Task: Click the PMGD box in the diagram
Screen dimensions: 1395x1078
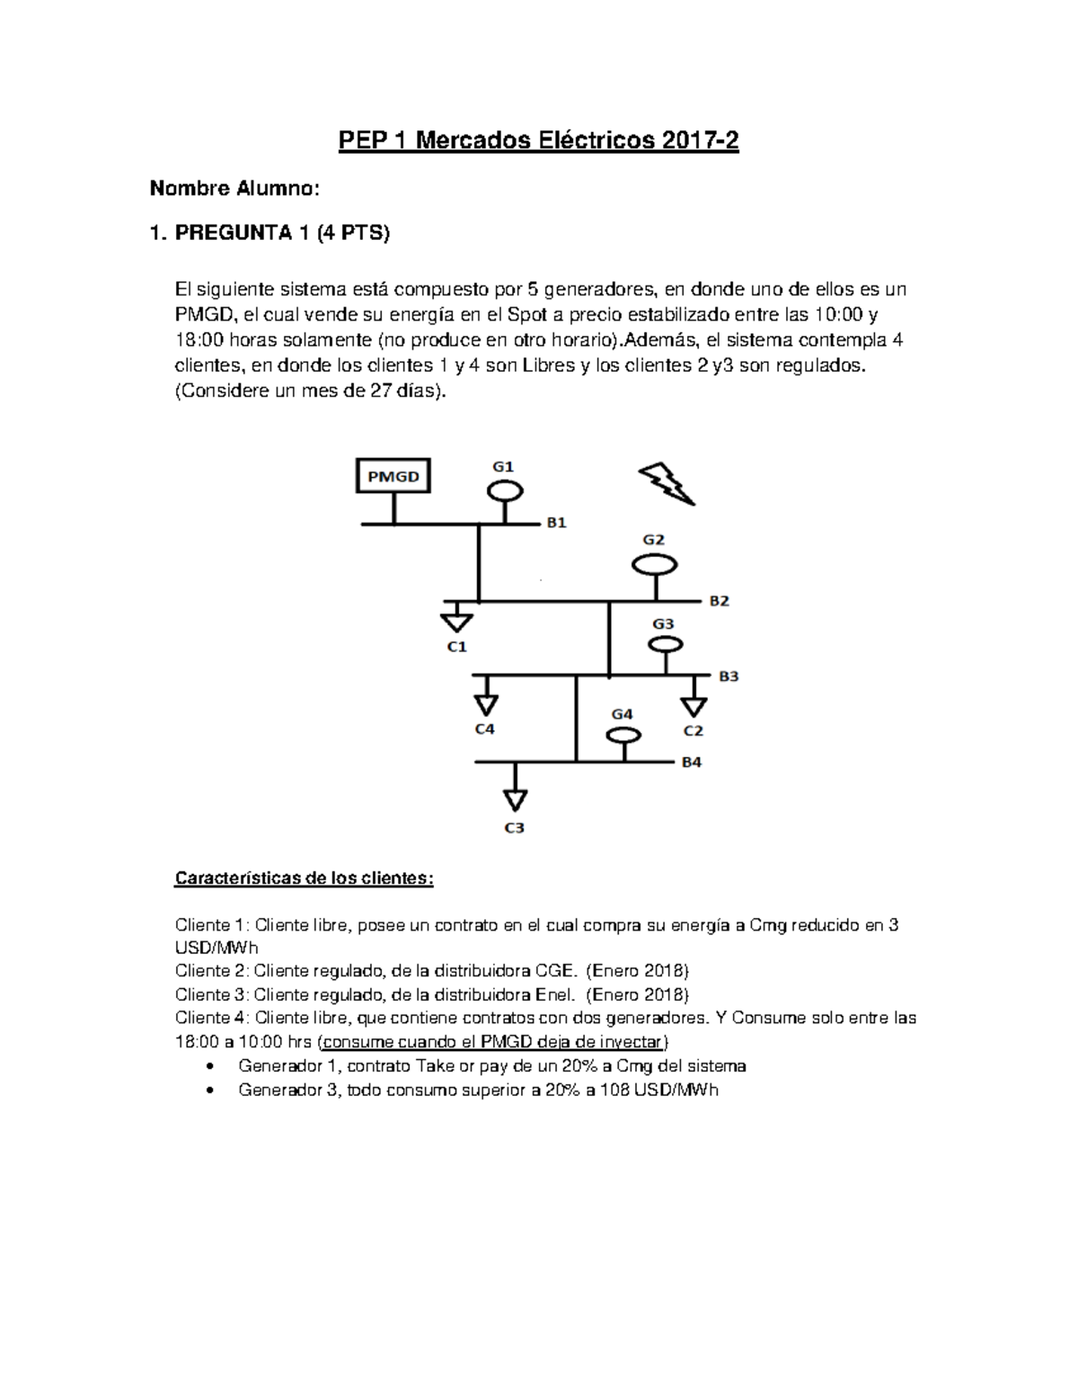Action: tap(393, 475)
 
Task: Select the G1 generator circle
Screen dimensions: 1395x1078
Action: tap(505, 490)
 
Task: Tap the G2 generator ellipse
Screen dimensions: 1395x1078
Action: tap(654, 565)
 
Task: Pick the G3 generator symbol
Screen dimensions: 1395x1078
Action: tap(665, 644)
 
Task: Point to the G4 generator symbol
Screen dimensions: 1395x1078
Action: tap(623, 735)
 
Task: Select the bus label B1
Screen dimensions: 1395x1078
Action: tap(557, 523)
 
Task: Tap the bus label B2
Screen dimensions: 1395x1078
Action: tap(720, 601)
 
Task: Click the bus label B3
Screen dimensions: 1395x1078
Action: tap(729, 675)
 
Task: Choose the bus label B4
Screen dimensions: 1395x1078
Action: tap(691, 762)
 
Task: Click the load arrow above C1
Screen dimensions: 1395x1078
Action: tap(457, 621)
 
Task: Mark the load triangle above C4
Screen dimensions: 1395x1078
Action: tap(486, 700)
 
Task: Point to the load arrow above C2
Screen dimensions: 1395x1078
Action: tap(694, 702)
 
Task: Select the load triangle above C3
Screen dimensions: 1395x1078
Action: tap(515, 799)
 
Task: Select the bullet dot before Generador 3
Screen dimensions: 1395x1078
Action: tap(210, 1090)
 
